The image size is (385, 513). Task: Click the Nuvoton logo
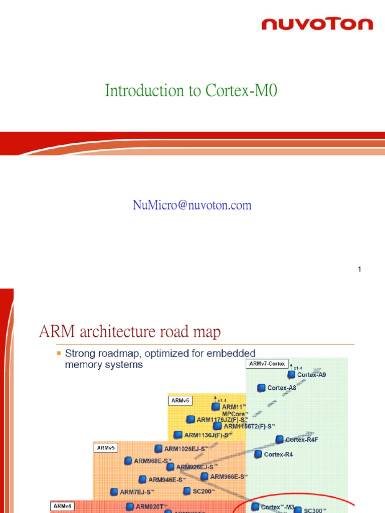click(x=317, y=24)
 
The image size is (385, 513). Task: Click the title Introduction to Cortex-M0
click(x=190, y=91)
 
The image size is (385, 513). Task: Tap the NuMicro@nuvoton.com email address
click(x=192, y=205)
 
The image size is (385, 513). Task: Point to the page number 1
click(x=359, y=270)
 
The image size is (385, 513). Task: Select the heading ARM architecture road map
click(x=130, y=332)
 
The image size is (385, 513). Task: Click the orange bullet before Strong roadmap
click(x=59, y=353)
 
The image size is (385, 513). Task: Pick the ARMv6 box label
click(x=179, y=400)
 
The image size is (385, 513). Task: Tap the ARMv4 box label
click(x=62, y=506)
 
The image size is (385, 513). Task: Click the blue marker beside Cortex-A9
click(x=291, y=375)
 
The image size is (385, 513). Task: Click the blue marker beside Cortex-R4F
click(x=279, y=439)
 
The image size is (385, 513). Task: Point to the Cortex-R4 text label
click(x=278, y=454)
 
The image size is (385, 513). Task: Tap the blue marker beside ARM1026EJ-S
click(x=158, y=449)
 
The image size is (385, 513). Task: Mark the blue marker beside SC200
click(x=187, y=491)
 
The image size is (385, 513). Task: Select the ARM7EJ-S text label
click(x=137, y=492)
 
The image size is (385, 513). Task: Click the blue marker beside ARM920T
click(x=130, y=506)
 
